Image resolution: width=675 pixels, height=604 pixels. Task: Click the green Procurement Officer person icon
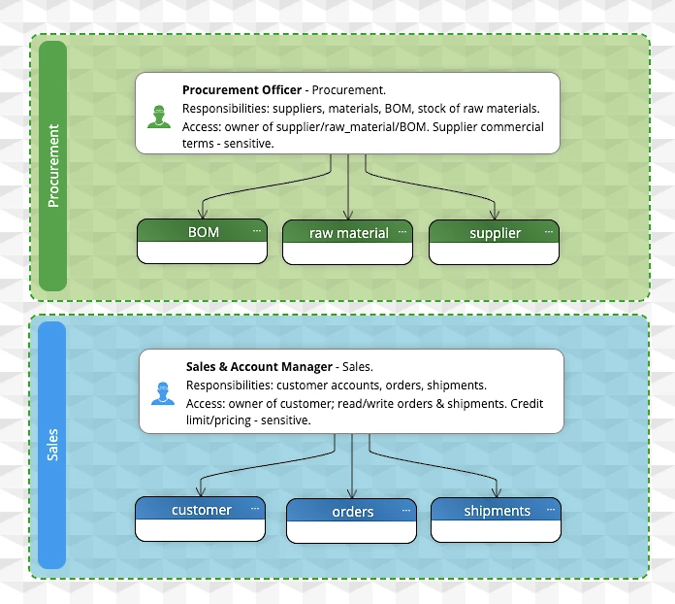point(159,117)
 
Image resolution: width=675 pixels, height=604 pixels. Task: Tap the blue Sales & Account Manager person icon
point(163,393)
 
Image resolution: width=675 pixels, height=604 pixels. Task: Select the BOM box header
point(203,231)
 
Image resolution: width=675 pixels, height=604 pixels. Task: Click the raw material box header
point(348,232)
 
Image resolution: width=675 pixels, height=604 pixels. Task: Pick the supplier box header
point(495,232)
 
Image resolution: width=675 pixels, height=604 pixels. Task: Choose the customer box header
point(200,509)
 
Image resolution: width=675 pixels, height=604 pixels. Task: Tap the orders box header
point(352,511)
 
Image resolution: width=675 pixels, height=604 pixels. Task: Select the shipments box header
point(496,510)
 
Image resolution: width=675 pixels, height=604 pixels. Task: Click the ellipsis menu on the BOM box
point(257,231)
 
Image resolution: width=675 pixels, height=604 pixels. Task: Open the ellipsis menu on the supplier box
point(549,231)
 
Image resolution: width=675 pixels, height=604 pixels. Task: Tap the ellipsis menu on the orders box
point(406,511)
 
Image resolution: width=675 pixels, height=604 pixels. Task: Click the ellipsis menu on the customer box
point(255,509)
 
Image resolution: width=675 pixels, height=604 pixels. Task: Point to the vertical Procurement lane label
point(53,166)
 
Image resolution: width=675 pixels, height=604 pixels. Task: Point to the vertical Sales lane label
point(52,445)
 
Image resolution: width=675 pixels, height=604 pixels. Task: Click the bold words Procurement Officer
point(241,90)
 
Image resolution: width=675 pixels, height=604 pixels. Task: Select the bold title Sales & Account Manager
point(259,367)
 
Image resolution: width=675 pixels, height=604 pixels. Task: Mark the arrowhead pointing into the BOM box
point(203,214)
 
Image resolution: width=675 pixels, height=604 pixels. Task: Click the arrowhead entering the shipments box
point(497,492)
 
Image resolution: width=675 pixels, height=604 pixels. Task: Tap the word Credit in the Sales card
point(527,404)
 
